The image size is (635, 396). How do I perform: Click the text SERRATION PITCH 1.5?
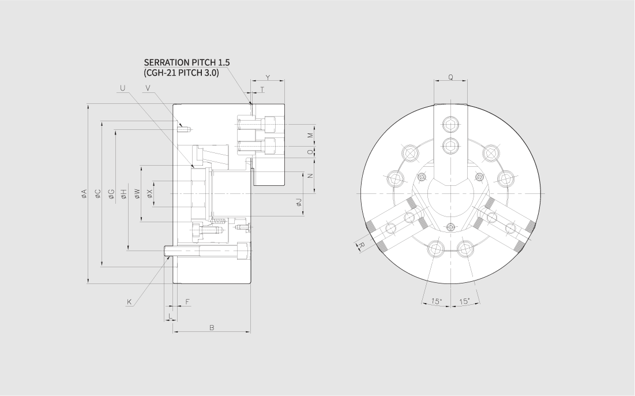click(187, 62)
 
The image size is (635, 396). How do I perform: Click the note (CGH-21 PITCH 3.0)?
click(181, 73)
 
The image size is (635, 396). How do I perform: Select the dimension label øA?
click(84, 194)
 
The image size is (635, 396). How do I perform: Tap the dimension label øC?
click(97, 194)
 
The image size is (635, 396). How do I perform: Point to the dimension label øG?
click(111, 194)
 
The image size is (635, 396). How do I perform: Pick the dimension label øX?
click(150, 194)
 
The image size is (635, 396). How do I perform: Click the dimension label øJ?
click(299, 202)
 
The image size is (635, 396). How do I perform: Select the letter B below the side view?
click(212, 327)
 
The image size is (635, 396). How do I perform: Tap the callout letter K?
click(129, 302)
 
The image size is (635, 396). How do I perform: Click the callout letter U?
click(123, 88)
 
